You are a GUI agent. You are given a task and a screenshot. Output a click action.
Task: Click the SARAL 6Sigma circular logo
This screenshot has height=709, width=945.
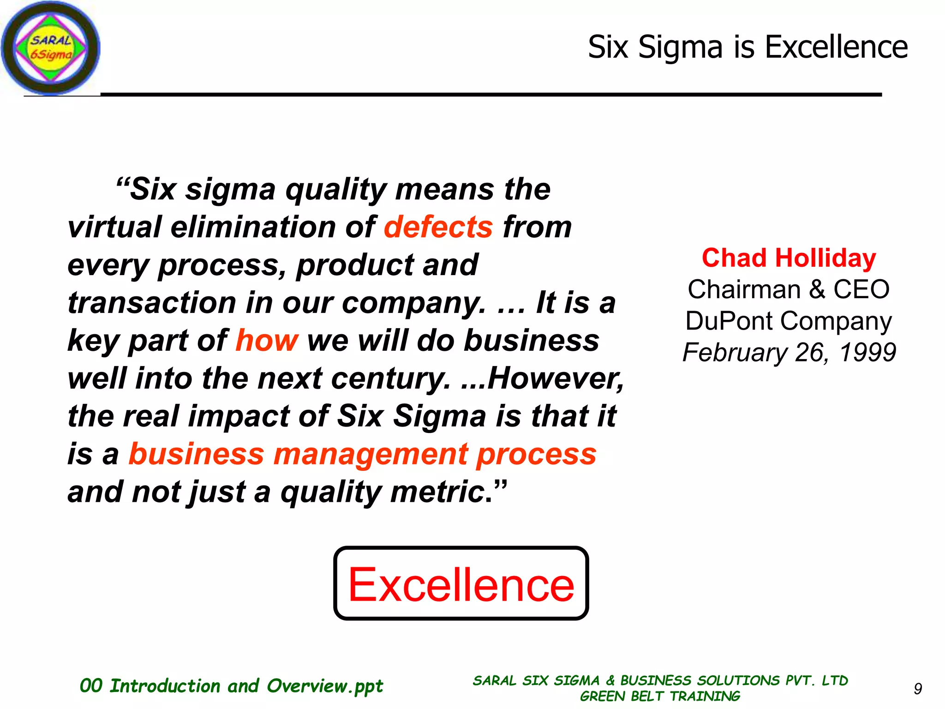coord(50,48)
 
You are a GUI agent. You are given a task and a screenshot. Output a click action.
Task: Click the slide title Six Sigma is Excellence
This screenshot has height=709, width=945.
coord(748,47)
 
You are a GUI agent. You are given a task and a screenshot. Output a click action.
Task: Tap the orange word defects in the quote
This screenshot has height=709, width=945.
coord(438,227)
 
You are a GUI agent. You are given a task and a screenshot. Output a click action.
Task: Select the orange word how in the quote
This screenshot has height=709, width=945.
coord(267,341)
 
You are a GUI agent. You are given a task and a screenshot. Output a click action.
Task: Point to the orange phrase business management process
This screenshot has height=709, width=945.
coord(362,454)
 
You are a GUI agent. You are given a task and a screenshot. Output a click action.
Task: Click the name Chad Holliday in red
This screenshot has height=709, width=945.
coord(789,258)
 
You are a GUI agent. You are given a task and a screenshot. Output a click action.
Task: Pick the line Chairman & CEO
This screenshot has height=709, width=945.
coord(789,289)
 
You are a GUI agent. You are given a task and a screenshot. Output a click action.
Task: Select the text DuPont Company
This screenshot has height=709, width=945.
coord(789,321)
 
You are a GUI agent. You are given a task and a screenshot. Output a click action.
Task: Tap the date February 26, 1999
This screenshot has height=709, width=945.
coord(789,353)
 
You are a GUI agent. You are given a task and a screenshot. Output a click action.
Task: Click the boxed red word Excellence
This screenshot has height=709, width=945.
coord(461,584)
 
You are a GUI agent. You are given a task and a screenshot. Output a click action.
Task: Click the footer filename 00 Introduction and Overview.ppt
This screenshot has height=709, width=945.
coord(231,686)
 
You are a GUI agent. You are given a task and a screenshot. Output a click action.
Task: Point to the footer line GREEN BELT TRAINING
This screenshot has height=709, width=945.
coord(660,696)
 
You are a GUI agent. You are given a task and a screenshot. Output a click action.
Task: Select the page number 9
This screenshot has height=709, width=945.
coord(918,689)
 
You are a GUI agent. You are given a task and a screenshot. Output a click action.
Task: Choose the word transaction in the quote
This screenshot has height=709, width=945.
coord(151,303)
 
